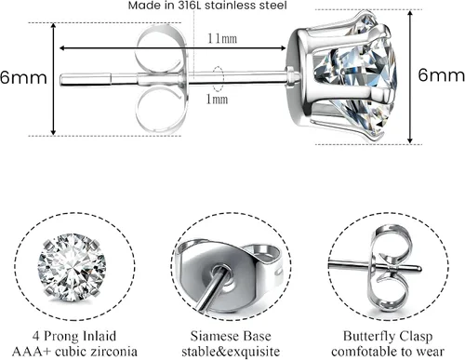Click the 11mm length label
click(x=222, y=38)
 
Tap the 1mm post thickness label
click(x=217, y=100)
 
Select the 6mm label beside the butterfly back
click(x=23, y=77)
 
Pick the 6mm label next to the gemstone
click(x=441, y=74)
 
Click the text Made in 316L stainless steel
click(x=207, y=6)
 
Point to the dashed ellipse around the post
click(x=218, y=79)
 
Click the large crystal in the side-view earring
click(x=356, y=77)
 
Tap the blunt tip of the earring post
click(x=61, y=79)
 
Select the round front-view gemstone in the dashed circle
click(x=72, y=267)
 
